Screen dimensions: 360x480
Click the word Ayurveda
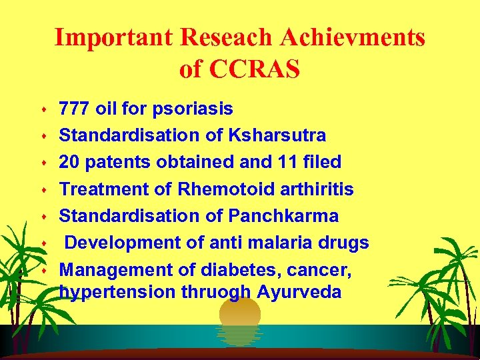299,292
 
